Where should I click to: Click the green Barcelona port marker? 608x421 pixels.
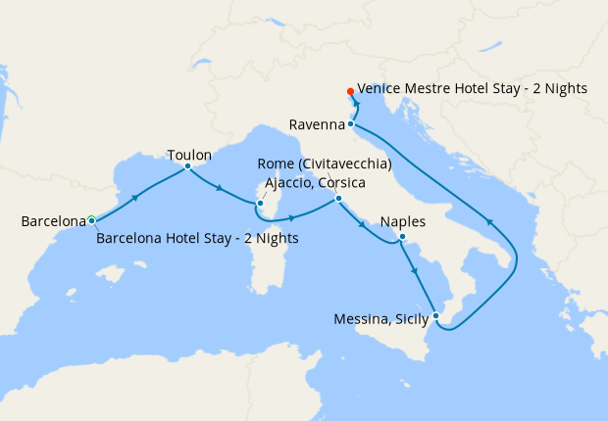coord(90,220)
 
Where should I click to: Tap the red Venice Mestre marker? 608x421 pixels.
coord(350,93)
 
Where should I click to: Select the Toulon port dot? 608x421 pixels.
coord(187,166)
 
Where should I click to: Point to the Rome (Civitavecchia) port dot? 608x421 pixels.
coord(338,199)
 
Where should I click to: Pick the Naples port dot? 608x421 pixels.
coord(402,236)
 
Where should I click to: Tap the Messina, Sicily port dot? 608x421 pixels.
coord(436,316)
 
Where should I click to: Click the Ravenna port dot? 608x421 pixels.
coord(350,124)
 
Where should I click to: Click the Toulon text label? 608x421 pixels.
coord(189,154)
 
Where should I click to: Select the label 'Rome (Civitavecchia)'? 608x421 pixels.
coord(325,164)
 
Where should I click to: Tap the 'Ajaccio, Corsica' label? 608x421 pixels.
coord(316,183)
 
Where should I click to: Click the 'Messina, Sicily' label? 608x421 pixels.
coord(381,319)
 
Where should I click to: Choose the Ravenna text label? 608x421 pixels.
coord(317,124)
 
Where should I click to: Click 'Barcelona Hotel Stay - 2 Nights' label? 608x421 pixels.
coord(198,238)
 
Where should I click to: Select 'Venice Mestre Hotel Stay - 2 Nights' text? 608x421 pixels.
coord(472,88)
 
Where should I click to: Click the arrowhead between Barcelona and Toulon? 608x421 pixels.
coord(134,197)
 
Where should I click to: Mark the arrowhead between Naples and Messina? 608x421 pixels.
coord(415,271)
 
